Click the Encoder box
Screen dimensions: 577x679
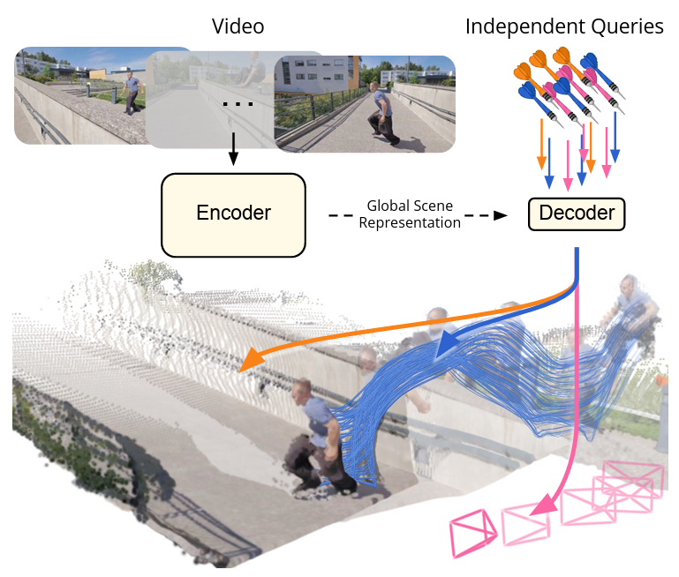233,213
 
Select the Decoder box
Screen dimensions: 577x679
577,214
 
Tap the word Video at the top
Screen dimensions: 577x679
238,27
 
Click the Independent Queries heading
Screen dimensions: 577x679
564,27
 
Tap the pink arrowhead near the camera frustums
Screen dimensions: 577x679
544,506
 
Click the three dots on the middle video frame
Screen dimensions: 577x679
238,105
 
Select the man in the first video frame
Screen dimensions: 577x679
132,92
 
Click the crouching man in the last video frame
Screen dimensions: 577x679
381,115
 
